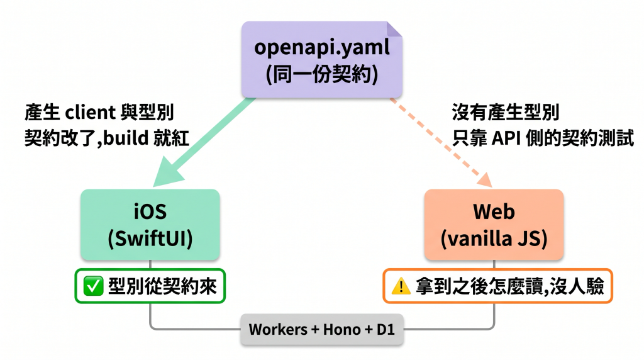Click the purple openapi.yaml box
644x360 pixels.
321,60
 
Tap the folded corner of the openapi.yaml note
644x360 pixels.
394,30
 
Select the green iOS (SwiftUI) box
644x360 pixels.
150,225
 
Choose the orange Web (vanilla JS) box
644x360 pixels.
494,225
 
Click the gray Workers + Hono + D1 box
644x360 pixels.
321,329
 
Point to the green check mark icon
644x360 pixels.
93,286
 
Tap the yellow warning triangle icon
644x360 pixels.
401,286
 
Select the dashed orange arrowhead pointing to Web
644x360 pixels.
486,179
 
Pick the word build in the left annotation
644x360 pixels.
126,138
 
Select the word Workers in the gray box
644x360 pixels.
278,329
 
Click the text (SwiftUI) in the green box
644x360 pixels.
150,239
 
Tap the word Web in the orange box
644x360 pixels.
494,211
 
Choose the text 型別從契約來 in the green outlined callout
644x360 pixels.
162,286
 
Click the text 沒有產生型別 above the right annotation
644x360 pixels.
506,112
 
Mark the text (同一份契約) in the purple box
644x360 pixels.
321,74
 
